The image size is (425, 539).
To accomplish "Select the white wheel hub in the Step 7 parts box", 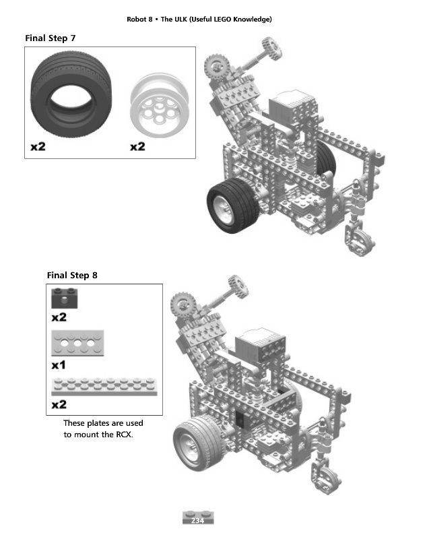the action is [x=159, y=105].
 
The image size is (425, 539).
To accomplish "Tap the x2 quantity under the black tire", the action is [x=38, y=147].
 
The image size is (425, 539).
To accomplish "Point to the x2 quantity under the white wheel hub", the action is [x=137, y=147].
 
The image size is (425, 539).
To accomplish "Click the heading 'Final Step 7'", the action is [x=50, y=38].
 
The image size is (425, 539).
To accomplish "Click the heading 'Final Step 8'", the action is [x=72, y=276].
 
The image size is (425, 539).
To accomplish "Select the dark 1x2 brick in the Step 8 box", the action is [x=65, y=298].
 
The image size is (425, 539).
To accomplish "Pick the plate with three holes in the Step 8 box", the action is [x=77, y=343].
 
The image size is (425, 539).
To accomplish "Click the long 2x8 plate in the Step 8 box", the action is [x=104, y=387].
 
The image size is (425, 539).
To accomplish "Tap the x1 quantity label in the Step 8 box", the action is [x=59, y=365].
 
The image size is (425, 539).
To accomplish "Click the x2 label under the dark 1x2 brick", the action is [x=59, y=317].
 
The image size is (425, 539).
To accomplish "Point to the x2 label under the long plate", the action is [x=59, y=405].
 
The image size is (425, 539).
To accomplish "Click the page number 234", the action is [x=197, y=520].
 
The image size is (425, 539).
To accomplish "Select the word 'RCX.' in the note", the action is [x=125, y=435].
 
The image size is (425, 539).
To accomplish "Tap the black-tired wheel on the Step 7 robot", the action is [x=232, y=205].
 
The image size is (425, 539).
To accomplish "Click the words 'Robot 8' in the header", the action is [x=139, y=20].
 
